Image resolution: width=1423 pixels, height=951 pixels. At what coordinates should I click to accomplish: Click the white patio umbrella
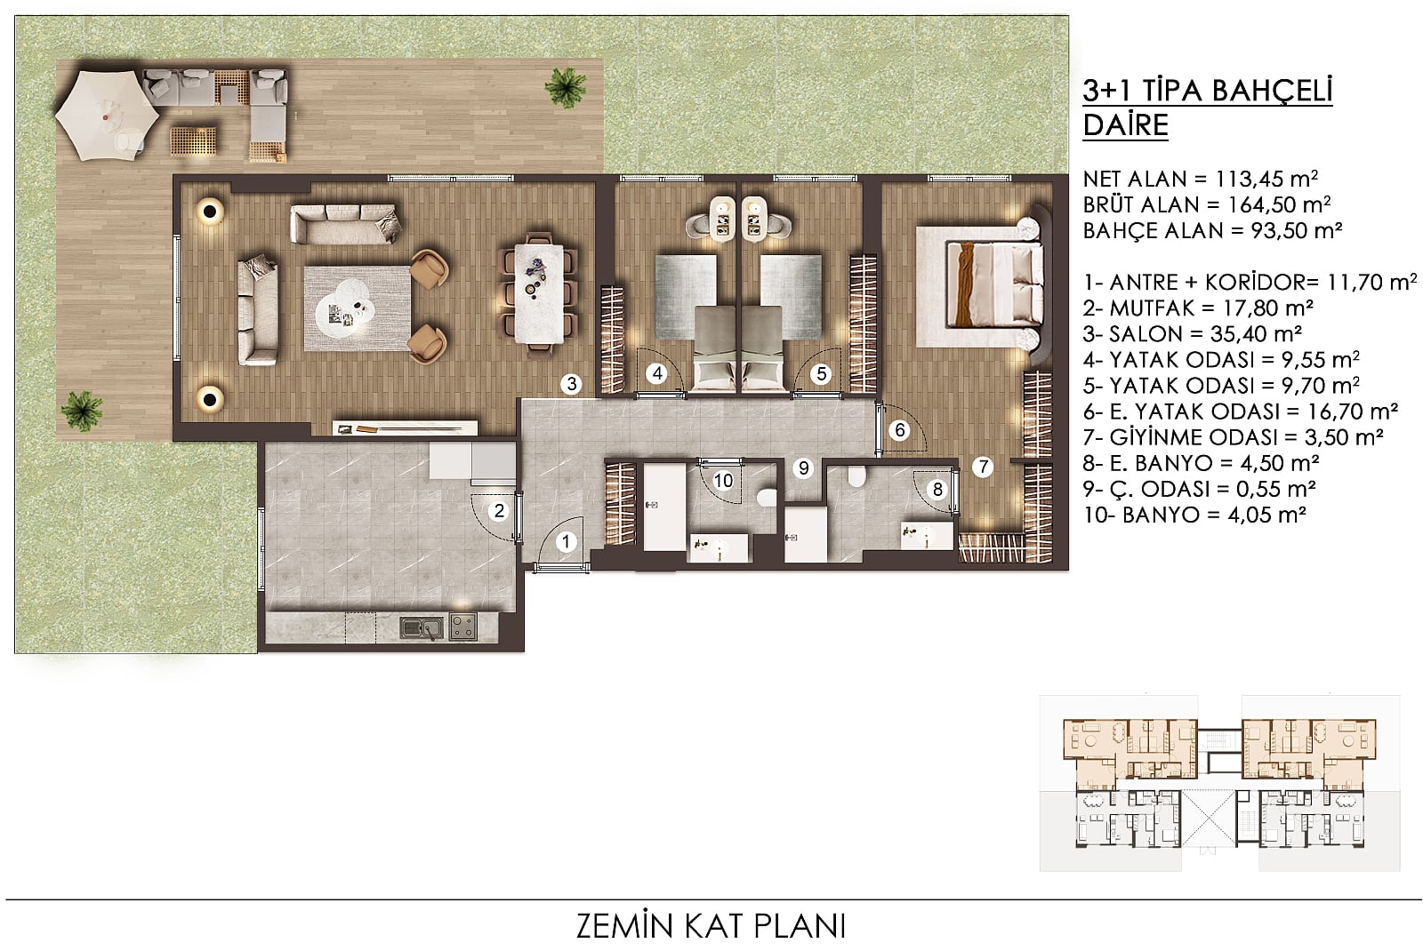point(107,115)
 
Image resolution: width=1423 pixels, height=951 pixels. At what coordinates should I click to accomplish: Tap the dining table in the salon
point(539,294)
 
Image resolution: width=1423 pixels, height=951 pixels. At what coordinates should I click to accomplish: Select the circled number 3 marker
point(572,383)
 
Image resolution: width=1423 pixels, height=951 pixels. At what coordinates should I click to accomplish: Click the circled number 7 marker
point(983,468)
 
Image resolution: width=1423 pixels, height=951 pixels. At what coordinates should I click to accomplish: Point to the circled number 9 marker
point(804,468)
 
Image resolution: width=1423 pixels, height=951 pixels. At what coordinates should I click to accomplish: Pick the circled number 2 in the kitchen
point(499,510)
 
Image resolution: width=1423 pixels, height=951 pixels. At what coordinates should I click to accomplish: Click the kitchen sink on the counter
point(422,627)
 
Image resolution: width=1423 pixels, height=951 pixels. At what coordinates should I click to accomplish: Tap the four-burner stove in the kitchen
point(463,627)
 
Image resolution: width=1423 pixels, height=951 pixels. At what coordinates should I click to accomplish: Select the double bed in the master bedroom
point(994,284)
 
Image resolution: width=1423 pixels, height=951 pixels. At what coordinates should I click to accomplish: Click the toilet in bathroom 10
point(767,497)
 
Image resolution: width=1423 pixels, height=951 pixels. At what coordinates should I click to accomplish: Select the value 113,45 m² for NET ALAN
point(1266,179)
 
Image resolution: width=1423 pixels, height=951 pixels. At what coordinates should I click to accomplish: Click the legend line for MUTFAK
point(1198,308)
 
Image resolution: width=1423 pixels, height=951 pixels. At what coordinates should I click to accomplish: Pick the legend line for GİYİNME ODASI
point(1233,437)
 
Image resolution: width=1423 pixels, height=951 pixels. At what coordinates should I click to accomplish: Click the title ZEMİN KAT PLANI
point(711,925)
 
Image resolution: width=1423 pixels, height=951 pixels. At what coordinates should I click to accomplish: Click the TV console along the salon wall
point(405,428)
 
